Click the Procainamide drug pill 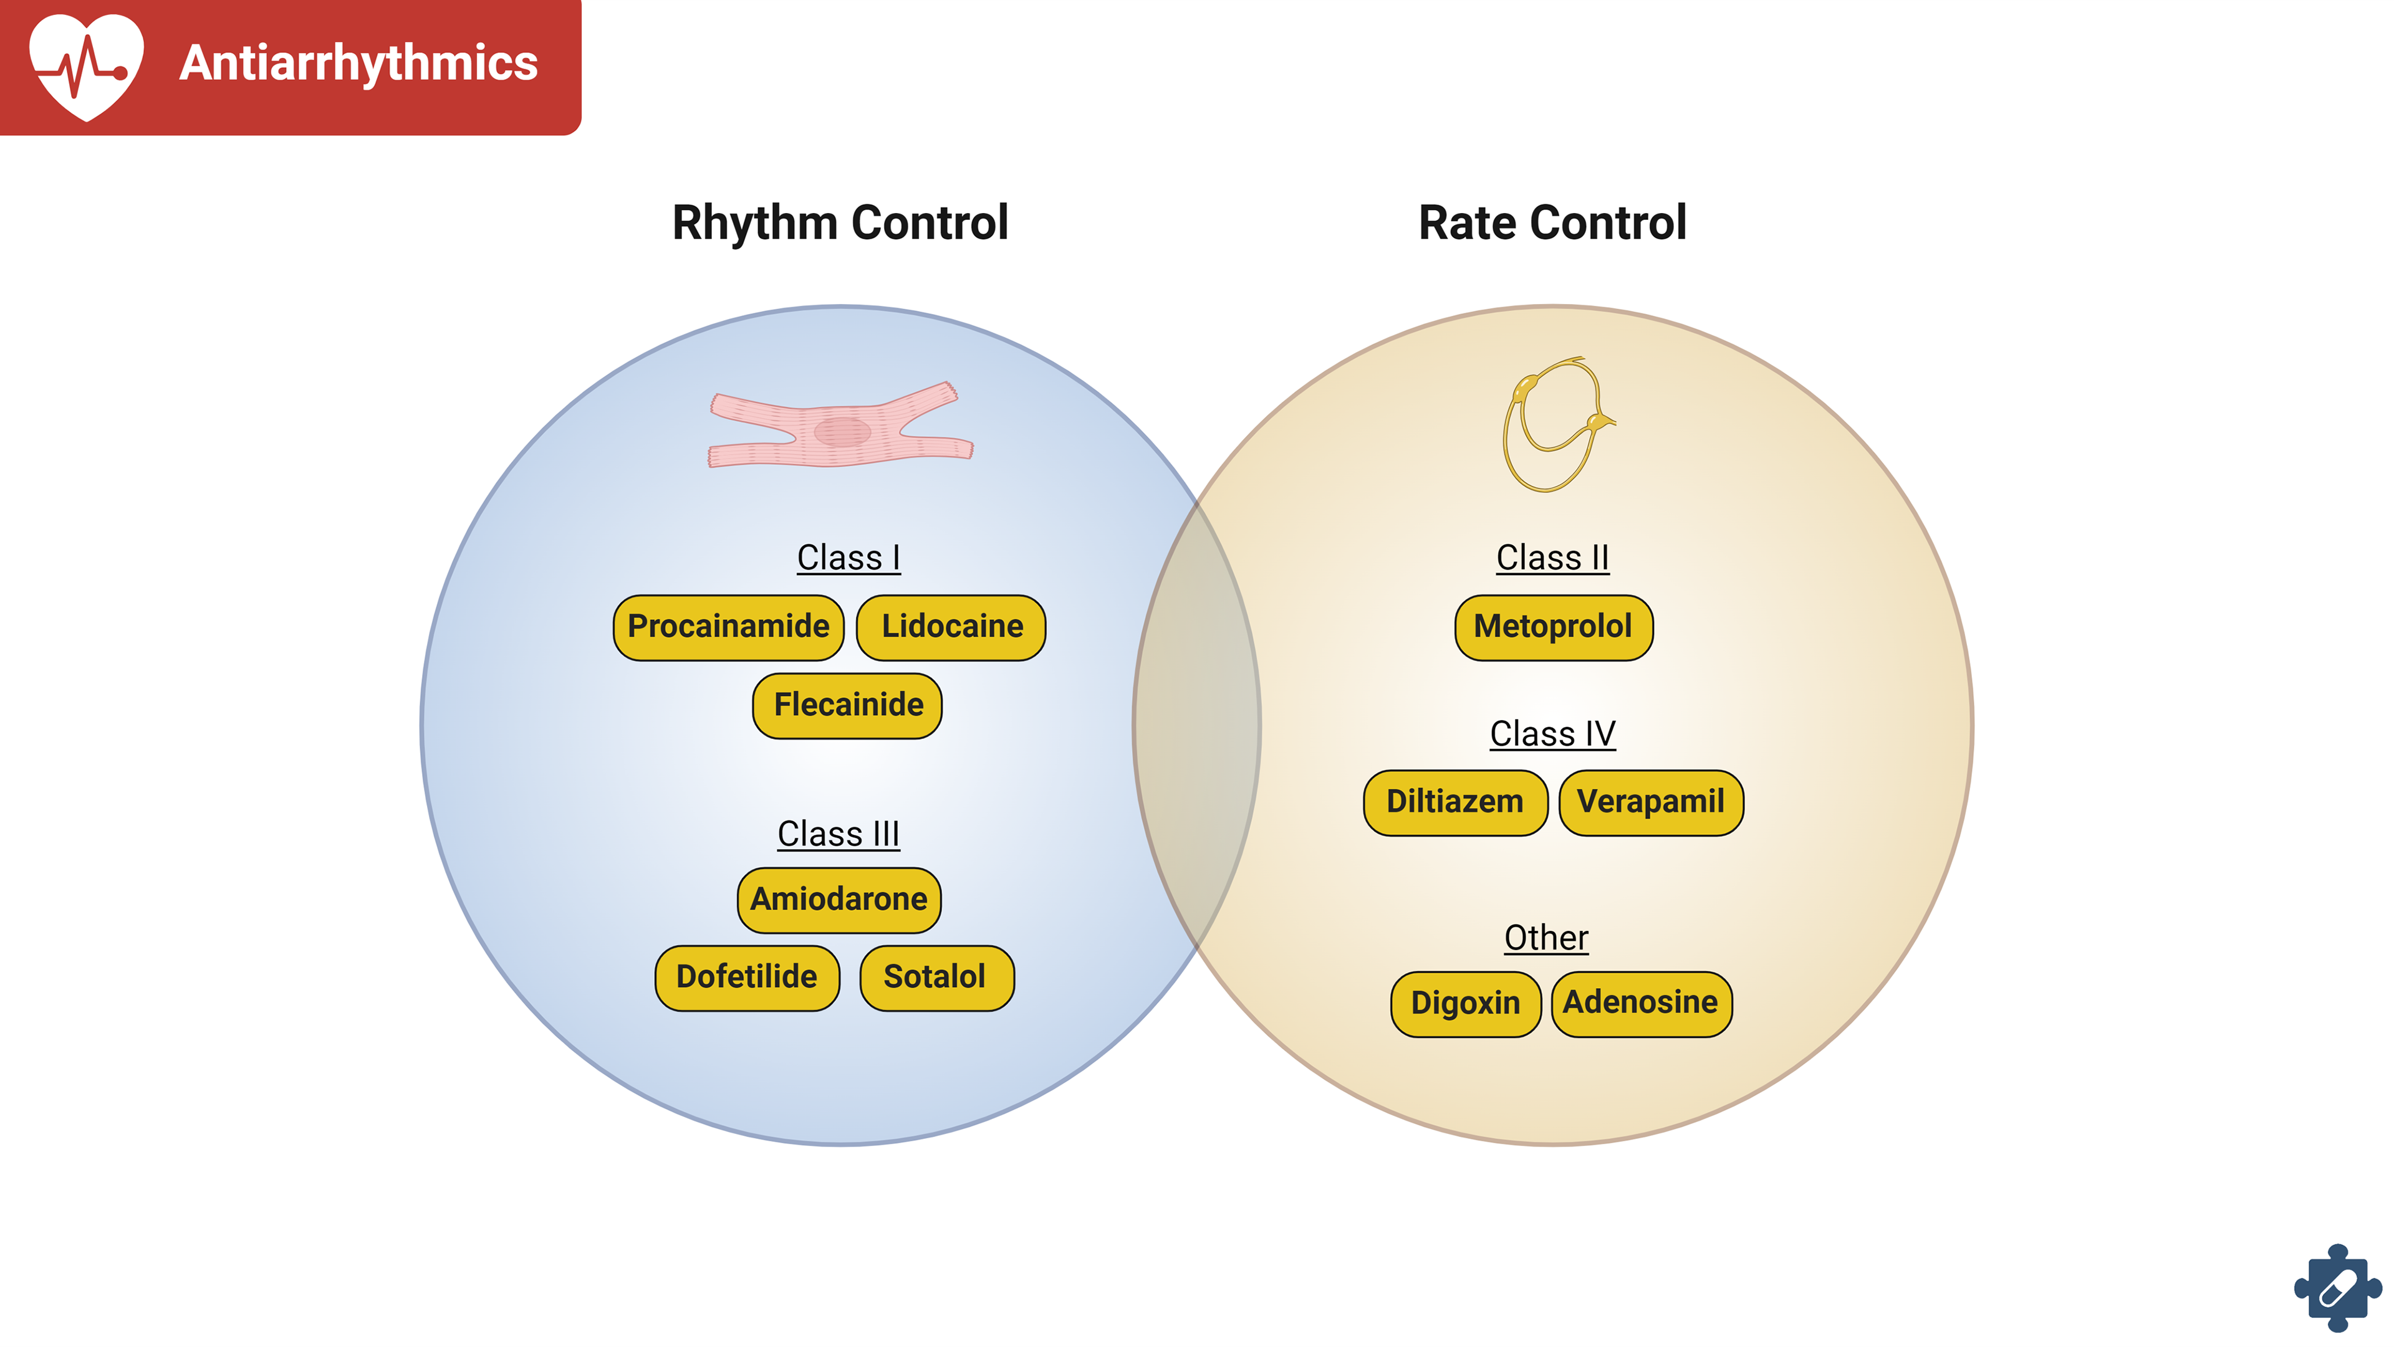click(x=729, y=627)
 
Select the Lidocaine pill click(x=951, y=627)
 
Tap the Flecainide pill click(x=848, y=705)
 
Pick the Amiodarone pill click(x=839, y=899)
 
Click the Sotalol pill click(x=936, y=978)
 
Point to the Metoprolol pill click(x=1553, y=627)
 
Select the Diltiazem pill click(x=1454, y=802)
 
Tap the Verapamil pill click(x=1650, y=802)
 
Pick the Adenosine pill click(x=1642, y=1003)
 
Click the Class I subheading click(x=848, y=558)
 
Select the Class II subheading click(x=1552, y=558)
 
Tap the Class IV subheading click(x=1552, y=734)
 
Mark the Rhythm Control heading click(x=840, y=223)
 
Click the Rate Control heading click(x=1552, y=223)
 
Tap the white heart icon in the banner click(x=87, y=65)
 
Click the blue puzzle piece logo click(x=2337, y=1290)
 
